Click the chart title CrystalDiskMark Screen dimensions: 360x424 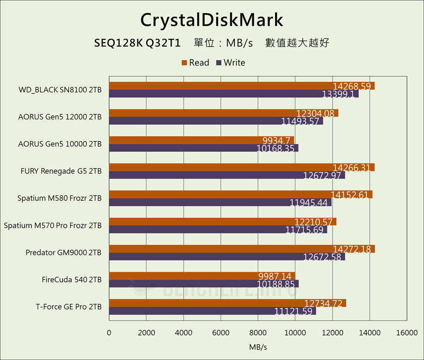(212, 19)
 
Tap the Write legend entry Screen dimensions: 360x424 (230, 63)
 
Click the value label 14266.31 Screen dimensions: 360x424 (351, 167)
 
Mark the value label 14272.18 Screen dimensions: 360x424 (351, 249)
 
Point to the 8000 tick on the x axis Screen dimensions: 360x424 (258, 333)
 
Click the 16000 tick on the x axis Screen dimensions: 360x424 (407, 333)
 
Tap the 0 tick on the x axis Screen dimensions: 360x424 (109, 333)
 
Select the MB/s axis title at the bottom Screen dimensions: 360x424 (258, 347)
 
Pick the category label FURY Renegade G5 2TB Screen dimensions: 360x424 (61, 172)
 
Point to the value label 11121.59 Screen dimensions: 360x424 (293, 311)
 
